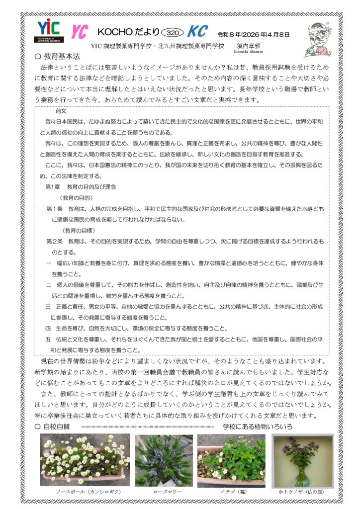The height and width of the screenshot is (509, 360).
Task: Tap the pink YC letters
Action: point(79,32)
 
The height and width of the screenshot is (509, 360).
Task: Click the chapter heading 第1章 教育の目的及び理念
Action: point(80,186)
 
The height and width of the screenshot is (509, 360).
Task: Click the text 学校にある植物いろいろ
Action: point(257,426)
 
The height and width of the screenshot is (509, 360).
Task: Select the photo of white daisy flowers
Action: point(84,459)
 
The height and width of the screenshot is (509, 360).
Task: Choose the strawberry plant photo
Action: point(231,459)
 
